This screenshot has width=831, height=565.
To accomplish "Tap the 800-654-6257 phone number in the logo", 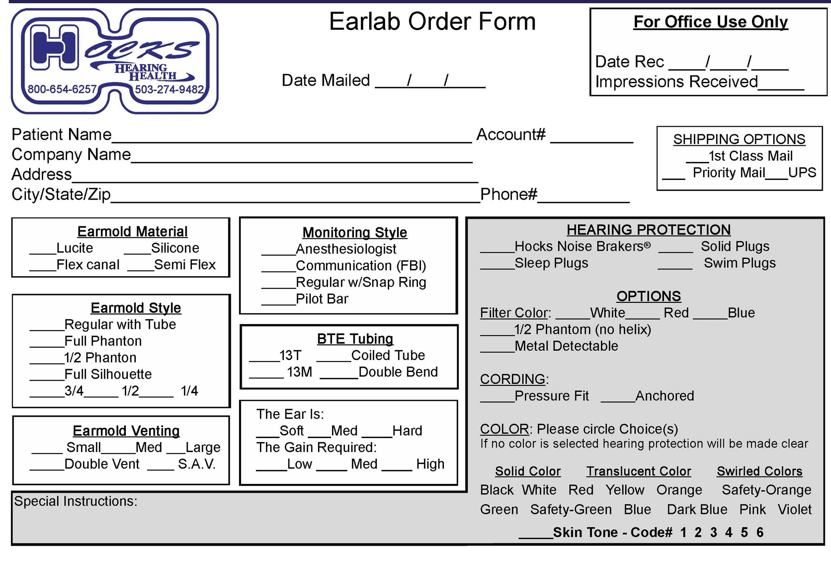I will pos(62,89).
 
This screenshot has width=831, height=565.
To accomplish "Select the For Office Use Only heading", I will pos(710,22).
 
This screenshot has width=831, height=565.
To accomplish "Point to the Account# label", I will pos(511,135).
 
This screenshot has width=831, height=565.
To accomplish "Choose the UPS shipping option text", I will pos(802,173).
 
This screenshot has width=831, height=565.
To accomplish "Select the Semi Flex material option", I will pos(185,265).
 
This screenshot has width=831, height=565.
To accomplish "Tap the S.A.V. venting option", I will pos(197,464).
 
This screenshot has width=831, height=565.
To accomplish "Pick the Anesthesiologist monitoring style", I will pos(346,249).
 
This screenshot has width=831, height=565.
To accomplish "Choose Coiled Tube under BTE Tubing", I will pos(388,355).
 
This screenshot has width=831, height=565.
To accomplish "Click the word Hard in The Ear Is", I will pos(407,431).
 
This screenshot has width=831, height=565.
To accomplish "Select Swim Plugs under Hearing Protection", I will pos(740,263).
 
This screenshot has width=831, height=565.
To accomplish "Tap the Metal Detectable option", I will pos(566,346).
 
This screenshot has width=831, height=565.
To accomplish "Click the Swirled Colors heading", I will pos(759,471).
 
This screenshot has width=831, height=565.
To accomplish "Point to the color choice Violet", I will pos(795,510).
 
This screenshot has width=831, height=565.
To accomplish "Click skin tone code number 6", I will pos(760,532).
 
